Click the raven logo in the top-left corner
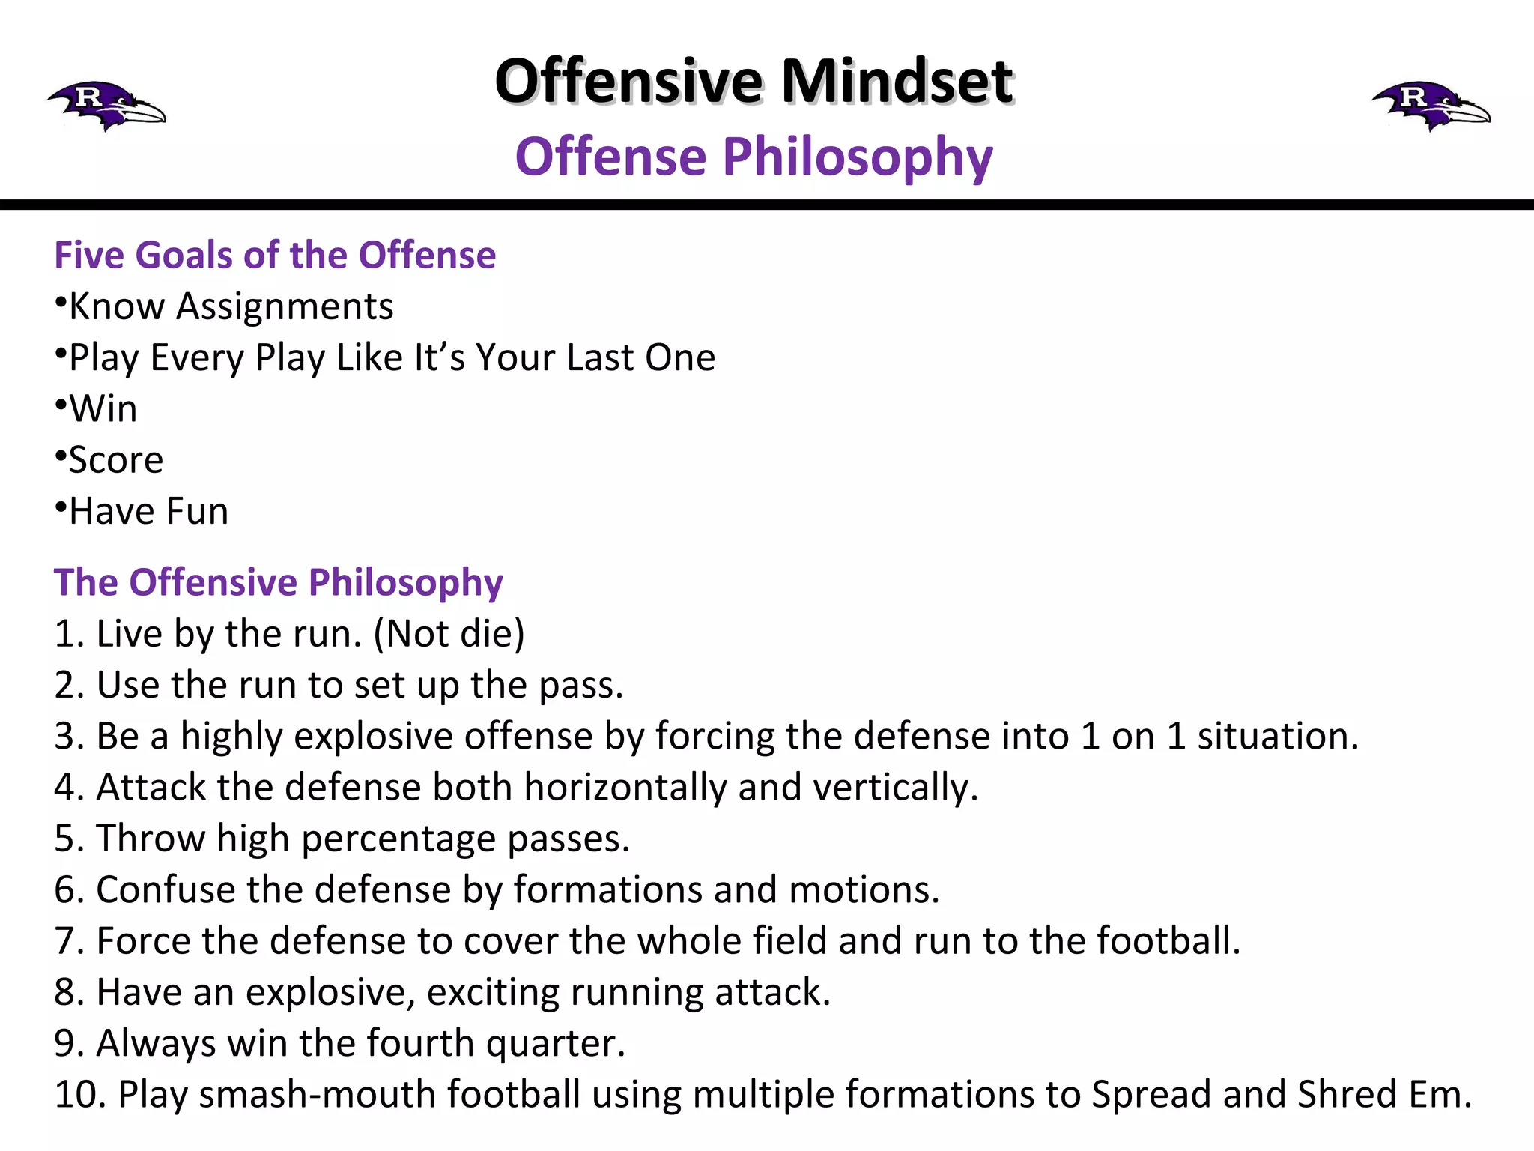point(106,106)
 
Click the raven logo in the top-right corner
point(1431,106)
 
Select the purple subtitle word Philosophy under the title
point(857,157)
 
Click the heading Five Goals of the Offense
point(275,255)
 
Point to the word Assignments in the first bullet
point(285,306)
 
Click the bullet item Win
point(103,409)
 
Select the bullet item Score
point(115,460)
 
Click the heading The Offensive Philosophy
point(278,582)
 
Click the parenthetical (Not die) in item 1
point(449,634)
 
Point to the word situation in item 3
point(1276,736)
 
